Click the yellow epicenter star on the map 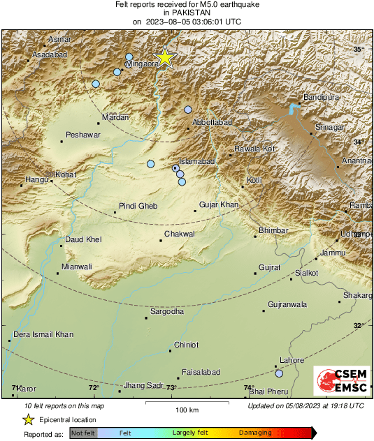click(164, 57)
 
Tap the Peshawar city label click(83, 135)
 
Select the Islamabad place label click(197, 161)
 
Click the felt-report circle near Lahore click(279, 373)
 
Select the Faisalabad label click(201, 372)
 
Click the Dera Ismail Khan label click(44, 335)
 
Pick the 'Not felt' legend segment click(83, 433)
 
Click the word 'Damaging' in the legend click(256, 433)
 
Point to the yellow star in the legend click(28, 419)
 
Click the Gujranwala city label click(288, 305)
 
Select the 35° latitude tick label click(359, 49)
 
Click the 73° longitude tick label click(171, 388)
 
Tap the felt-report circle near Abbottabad click(188, 109)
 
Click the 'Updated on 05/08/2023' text click(305, 405)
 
